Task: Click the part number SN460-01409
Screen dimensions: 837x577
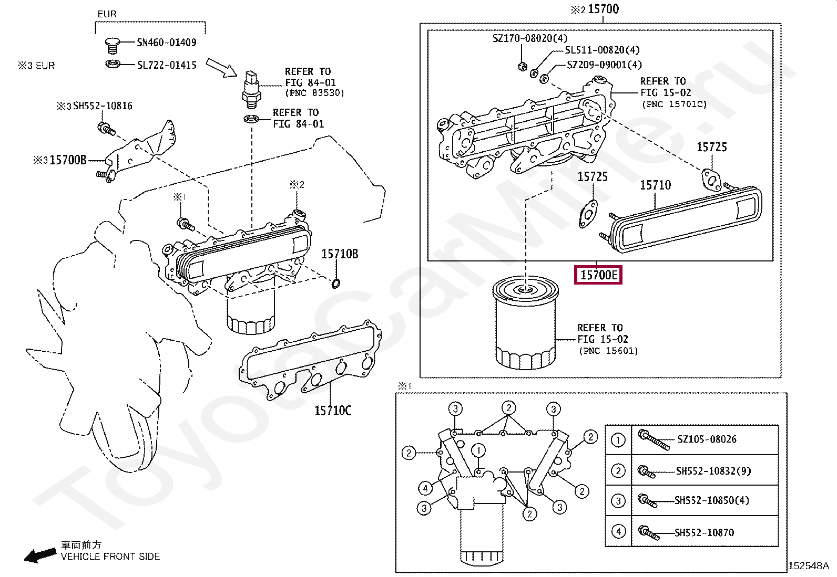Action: pos(166,43)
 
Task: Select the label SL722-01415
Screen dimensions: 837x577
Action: pos(167,65)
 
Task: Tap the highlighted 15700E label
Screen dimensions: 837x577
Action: pos(598,275)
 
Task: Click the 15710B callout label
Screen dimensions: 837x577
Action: pos(340,254)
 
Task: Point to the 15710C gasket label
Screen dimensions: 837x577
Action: pos(333,411)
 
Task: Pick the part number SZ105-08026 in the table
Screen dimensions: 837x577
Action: pos(707,439)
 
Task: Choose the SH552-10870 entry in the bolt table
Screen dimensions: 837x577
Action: pos(705,532)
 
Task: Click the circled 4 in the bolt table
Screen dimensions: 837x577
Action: pos(618,531)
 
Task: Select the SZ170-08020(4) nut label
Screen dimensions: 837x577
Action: pos(530,38)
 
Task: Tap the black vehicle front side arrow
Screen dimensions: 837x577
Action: pos(40,555)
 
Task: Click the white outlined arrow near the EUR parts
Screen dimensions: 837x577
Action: pos(221,68)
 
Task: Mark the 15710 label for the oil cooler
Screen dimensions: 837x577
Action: pos(656,185)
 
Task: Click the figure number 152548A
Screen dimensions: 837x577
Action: pos(809,566)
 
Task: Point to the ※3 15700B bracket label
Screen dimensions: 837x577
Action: pos(60,160)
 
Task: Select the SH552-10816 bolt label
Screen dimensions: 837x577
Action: pos(103,106)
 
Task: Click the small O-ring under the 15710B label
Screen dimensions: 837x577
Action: pos(336,284)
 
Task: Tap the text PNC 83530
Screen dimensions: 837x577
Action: pos(314,93)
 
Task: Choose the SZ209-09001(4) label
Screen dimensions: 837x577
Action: pos(604,65)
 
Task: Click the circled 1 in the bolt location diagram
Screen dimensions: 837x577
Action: pos(478,450)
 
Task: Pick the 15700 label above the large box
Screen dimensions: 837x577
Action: pos(604,9)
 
